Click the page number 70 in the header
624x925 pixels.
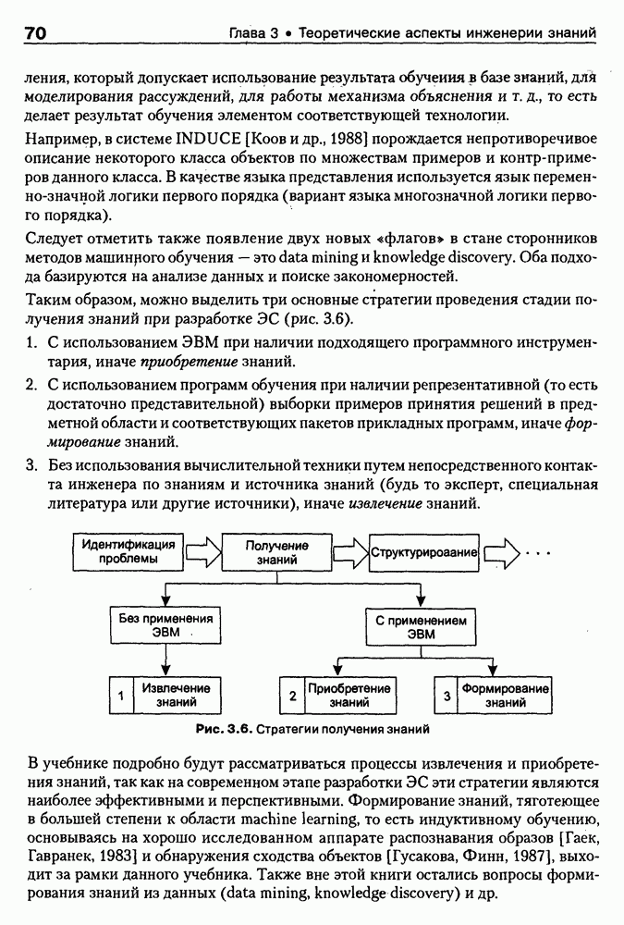pos(34,34)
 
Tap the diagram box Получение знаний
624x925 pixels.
pos(276,553)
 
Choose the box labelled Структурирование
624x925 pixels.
pos(424,552)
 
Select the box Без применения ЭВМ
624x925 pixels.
pos(165,625)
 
